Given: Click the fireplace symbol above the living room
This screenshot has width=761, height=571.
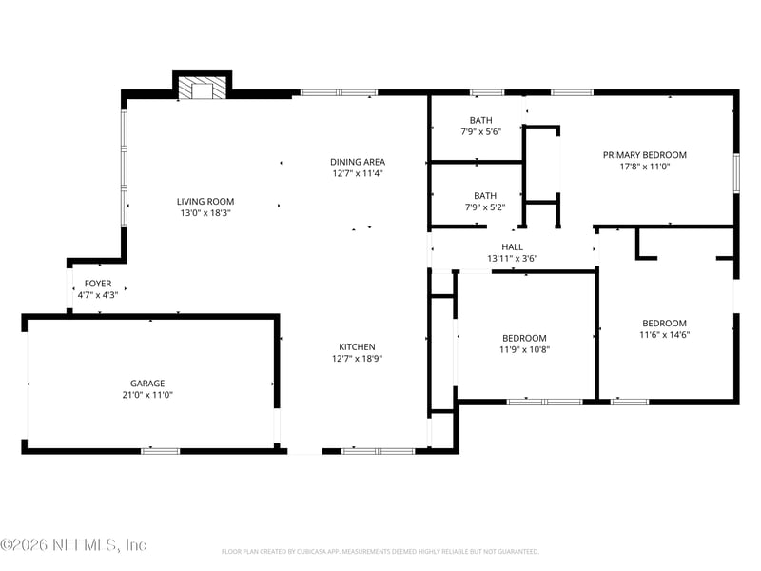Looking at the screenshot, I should (203, 89).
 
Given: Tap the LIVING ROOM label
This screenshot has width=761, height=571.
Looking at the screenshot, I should (205, 202).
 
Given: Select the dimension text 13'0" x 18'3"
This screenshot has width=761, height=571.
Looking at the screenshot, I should (205, 213).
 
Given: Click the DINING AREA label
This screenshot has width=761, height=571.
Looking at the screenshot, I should (358, 162).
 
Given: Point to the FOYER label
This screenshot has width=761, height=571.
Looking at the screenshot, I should (98, 284).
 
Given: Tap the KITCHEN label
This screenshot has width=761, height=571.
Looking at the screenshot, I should (358, 346).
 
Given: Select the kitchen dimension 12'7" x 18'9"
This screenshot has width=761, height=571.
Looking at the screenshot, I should (358, 359).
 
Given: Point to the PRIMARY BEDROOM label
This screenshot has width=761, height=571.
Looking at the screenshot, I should (644, 154).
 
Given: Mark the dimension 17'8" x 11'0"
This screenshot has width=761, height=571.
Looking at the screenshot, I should (644, 167).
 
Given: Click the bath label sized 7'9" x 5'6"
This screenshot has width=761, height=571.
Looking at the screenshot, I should (481, 120).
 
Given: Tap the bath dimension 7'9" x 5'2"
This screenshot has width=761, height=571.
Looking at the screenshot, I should (485, 207).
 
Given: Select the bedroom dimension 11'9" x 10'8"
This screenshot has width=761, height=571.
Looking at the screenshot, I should (524, 349).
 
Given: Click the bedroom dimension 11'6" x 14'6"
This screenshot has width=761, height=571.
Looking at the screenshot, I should (664, 334).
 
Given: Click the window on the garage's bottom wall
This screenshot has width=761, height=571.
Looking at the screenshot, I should (160, 450).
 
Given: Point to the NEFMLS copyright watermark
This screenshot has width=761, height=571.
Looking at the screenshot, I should (74, 545).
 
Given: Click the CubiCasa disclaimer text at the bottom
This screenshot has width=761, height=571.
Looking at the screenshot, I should (380, 552).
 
